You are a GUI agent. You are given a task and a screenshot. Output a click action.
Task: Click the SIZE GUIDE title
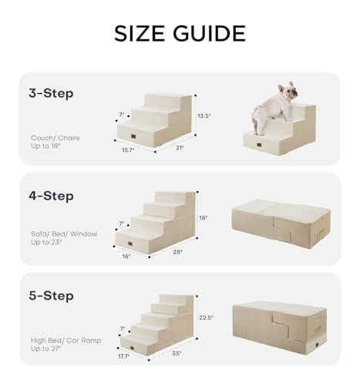(180, 33)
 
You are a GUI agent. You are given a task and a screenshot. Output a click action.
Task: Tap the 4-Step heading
(49, 196)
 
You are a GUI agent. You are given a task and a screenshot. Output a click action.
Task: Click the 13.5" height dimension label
(204, 116)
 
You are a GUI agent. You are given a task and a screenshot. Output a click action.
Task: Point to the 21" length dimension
(180, 148)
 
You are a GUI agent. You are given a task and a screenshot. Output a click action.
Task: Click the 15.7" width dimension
(128, 150)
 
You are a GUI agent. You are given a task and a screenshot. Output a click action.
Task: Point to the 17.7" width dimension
(125, 356)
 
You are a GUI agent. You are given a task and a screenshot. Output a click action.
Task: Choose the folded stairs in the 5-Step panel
(281, 326)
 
